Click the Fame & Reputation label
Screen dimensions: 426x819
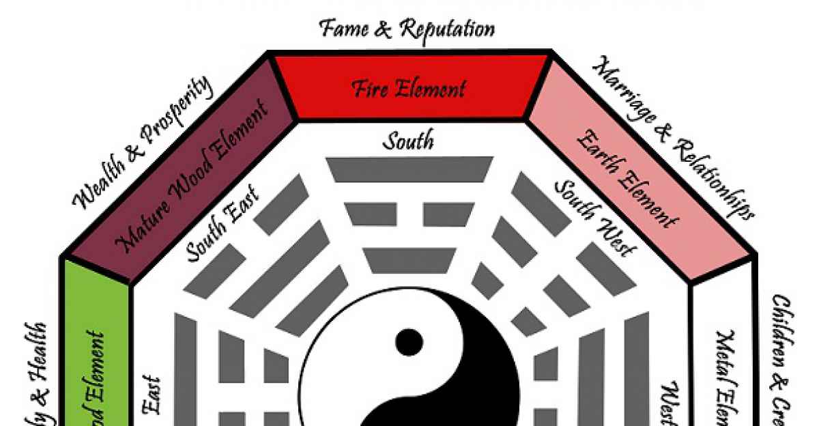coord(407,29)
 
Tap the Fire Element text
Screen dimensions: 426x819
coord(409,89)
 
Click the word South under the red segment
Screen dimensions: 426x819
coord(407,141)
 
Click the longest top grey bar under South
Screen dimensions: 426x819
coord(410,169)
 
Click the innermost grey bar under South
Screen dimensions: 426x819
coord(409,260)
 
